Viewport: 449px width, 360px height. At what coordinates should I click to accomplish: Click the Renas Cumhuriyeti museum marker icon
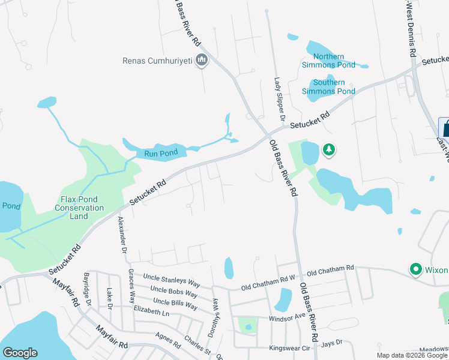[201, 61]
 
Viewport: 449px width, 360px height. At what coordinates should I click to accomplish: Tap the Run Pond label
[161, 153]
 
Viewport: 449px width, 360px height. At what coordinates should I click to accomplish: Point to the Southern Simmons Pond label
[329, 87]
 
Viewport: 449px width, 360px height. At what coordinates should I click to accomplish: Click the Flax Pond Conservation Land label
[82, 208]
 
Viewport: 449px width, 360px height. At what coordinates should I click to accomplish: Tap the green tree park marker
[328, 149]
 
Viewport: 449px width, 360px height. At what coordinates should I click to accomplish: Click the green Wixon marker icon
[414, 269]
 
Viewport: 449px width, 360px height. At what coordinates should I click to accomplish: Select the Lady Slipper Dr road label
[279, 100]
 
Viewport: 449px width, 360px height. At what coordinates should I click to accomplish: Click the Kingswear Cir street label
[291, 347]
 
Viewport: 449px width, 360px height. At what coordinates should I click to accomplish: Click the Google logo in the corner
[20, 353]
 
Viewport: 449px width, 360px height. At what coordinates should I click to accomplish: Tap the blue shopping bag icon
[445, 128]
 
